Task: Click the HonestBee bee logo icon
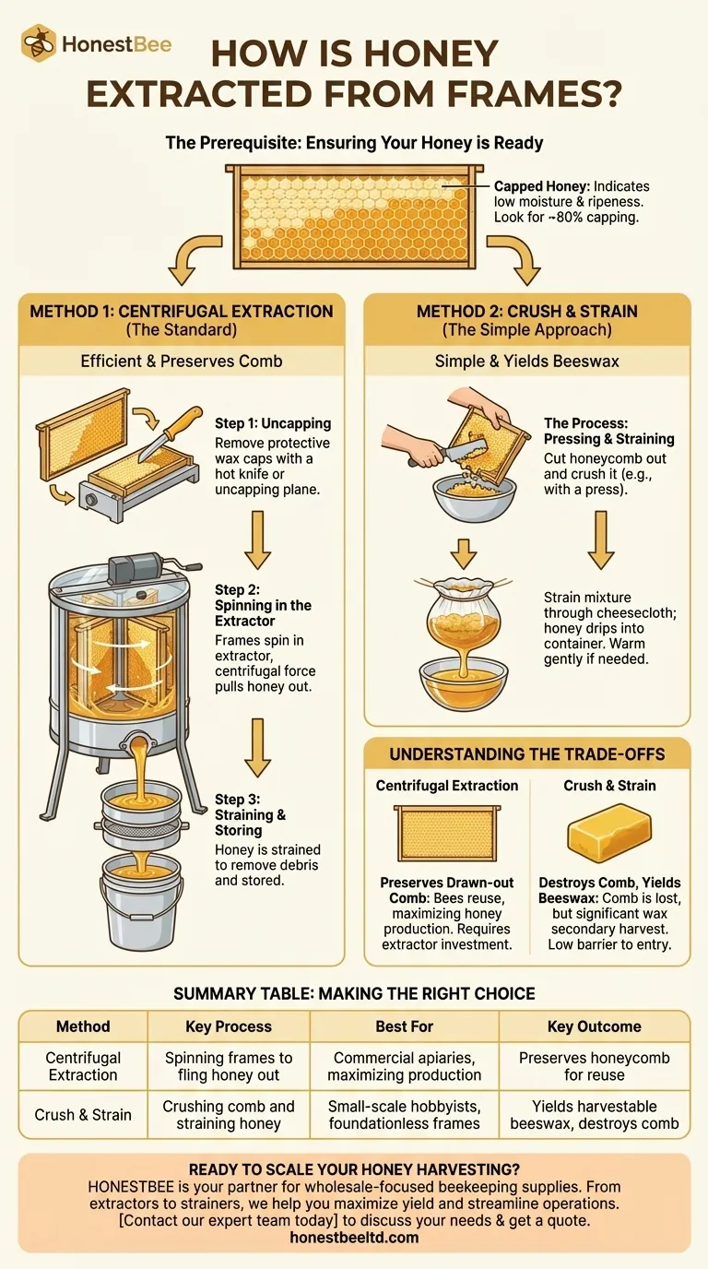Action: point(39,43)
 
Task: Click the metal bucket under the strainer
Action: point(141,902)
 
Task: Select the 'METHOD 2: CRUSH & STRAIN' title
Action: point(526,311)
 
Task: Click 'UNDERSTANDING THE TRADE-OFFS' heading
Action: point(526,753)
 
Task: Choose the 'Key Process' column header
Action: point(229,1026)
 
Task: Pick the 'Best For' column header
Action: point(404,1026)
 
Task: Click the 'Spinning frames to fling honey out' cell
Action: point(229,1066)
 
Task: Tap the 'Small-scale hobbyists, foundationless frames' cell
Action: point(404,1114)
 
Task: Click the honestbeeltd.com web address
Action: point(354,1237)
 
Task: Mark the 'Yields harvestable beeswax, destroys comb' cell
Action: point(594,1114)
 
